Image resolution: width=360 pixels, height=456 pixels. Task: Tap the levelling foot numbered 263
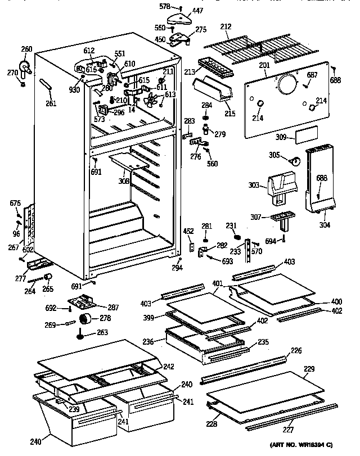point(83,336)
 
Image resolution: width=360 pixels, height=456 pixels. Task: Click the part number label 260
point(26,48)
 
